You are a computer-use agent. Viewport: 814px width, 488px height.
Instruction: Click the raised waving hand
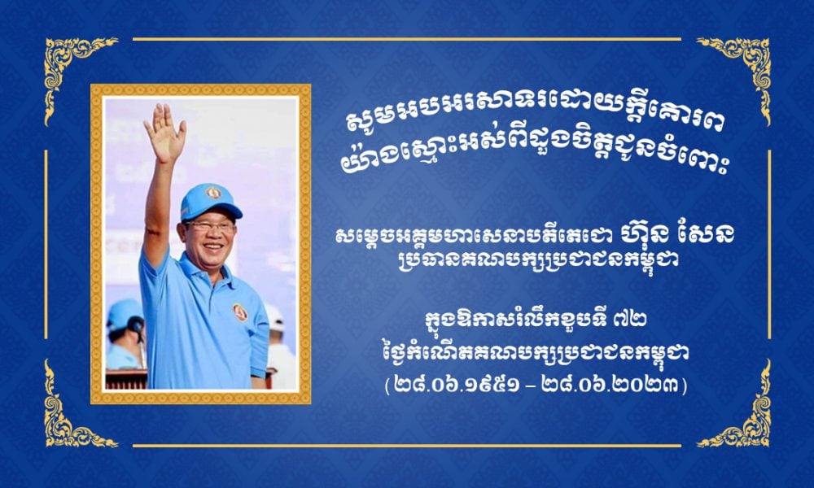[164, 133]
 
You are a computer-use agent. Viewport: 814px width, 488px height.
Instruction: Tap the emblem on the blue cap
[212, 193]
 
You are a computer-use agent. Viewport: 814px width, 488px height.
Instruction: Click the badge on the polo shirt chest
[240, 312]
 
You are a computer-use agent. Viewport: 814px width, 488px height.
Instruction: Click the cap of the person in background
[125, 314]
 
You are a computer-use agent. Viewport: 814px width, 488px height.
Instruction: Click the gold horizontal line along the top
[407, 39]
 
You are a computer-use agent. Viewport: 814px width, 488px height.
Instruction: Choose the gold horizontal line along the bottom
[407, 446]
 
